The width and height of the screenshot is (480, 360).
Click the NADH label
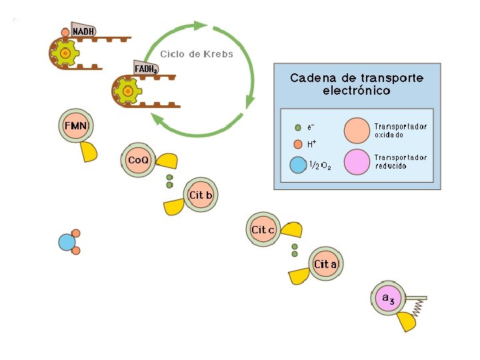83,31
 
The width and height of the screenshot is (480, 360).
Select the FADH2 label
146,69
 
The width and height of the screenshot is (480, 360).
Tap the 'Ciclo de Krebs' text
197,54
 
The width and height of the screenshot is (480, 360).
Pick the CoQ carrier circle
138,161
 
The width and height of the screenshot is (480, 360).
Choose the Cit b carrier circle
200,195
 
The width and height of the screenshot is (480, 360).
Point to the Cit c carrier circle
263,230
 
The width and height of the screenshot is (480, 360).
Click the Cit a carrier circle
325,265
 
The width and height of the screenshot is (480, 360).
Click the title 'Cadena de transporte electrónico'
357,84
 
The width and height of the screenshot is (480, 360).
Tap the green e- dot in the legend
298,127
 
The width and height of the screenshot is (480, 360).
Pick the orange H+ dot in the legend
298,143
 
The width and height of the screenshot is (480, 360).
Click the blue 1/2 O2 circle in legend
298,165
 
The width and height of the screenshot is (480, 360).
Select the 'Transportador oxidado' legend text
400,130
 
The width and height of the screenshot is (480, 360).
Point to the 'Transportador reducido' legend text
400,161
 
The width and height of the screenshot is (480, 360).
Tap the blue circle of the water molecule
67,242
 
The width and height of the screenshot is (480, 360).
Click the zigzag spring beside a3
419,307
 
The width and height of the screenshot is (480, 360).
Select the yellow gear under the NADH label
65,53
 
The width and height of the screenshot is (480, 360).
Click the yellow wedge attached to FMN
89,152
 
